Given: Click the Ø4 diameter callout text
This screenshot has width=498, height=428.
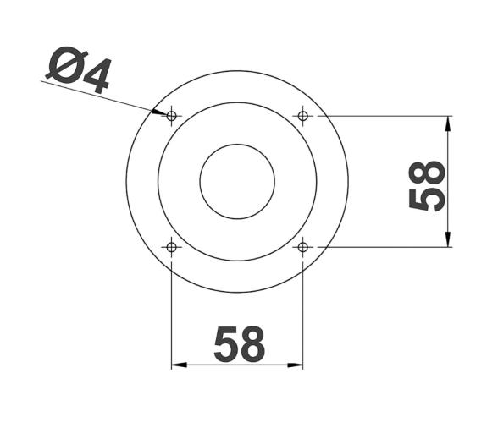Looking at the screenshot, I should pos(78,71).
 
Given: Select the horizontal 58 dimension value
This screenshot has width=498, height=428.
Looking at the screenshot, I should pos(239,344).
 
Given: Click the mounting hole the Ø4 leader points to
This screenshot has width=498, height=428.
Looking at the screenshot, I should pos(172,115).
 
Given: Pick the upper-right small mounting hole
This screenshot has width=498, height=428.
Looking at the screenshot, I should pos(303,115).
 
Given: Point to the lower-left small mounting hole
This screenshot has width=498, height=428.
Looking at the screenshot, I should pos(172,247).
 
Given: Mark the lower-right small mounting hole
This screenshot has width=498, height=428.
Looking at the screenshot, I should pos(303,247).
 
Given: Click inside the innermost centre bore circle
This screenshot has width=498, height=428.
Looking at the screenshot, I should pos(237,181).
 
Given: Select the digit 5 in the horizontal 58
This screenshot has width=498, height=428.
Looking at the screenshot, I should pos(224,344).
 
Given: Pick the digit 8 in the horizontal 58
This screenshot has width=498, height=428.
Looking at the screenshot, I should pos(252,344).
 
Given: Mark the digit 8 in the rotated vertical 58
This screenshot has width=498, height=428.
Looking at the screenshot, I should pos(428,172).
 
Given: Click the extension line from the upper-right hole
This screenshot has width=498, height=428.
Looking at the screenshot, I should pos(381,115).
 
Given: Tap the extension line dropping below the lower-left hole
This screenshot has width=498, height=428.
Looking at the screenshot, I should pos(172,313).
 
